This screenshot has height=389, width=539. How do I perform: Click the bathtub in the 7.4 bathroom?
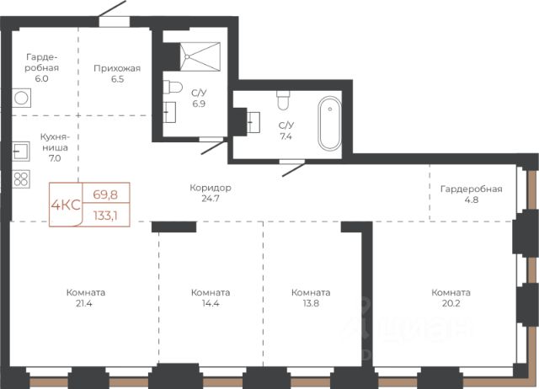(329, 124)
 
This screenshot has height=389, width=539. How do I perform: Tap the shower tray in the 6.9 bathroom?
(200, 56)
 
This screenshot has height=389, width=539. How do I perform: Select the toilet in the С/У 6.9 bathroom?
(173, 87)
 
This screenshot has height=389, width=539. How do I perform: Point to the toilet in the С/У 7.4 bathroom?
(283, 100)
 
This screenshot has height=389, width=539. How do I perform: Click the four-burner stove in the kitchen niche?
(21, 179)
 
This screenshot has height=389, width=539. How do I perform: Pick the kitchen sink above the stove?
(20, 152)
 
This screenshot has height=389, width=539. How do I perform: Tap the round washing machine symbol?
(21, 98)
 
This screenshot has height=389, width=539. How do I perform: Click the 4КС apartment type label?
(66, 205)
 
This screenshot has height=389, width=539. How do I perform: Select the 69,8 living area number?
(105, 194)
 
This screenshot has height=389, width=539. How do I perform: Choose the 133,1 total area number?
(105, 216)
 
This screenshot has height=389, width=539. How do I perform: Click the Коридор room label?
(211, 188)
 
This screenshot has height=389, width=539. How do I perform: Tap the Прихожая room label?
(117, 68)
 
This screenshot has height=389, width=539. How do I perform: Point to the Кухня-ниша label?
(55, 142)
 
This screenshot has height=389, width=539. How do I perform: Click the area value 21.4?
(84, 303)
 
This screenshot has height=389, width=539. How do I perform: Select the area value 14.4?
(210, 303)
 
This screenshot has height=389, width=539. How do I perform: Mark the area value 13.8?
(311, 303)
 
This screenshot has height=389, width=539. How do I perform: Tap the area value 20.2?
(451, 303)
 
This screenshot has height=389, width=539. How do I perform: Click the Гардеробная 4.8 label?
(472, 194)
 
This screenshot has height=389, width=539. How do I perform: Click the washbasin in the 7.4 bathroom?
(253, 122)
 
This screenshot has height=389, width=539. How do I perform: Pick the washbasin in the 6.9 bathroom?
(169, 112)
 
